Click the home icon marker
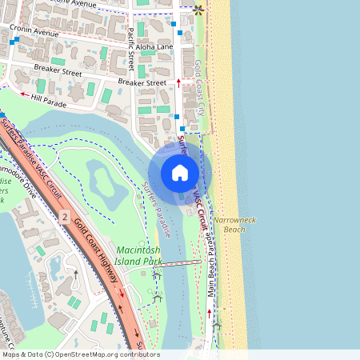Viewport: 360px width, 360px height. coord(180,173)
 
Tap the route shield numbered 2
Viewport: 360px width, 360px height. coord(64,217)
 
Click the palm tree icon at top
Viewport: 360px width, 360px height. coord(198,10)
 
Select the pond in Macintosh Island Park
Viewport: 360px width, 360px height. coord(108,184)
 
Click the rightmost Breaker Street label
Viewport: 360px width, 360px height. coord(142,82)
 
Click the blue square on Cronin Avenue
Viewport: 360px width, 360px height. coord(15,39)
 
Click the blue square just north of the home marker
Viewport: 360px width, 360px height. coord(182,128)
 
